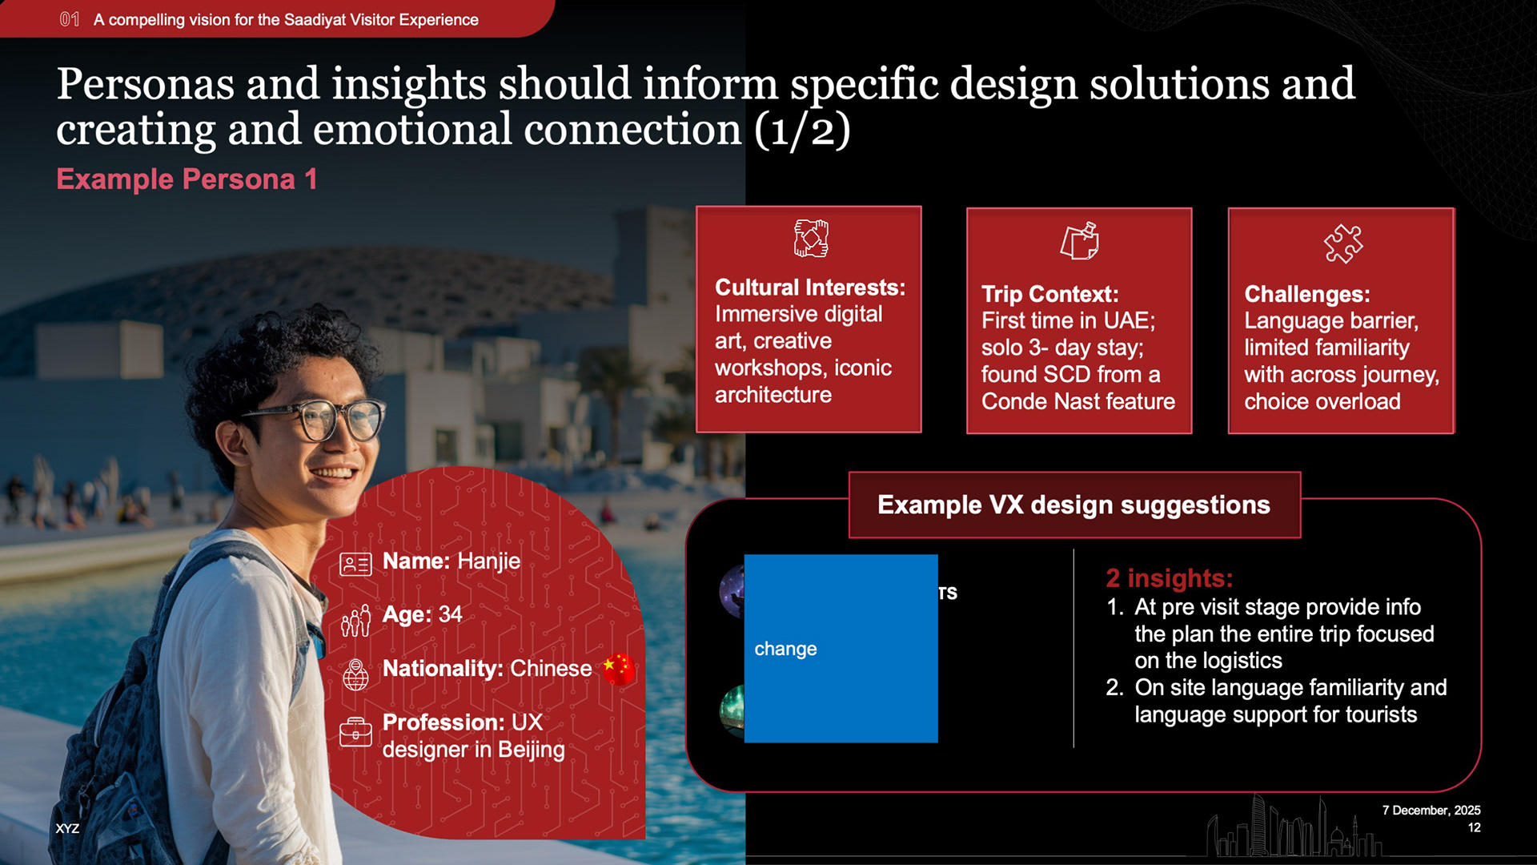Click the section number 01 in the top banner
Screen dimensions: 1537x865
pos(70,19)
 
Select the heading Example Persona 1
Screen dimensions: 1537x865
pos(187,179)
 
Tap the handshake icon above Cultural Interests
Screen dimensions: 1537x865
pos(810,238)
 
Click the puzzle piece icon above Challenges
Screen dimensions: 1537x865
pos(1342,243)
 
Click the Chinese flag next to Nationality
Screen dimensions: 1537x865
pos(619,669)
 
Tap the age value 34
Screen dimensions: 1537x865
pos(450,614)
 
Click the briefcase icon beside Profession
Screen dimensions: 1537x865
pos(355,731)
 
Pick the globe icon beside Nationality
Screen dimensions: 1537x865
pos(355,674)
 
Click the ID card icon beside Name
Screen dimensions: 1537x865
pos(355,565)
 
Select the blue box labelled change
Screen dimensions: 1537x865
pos(841,649)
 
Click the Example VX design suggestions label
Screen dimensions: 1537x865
pos(1074,505)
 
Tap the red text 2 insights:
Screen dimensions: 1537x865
pos(1170,578)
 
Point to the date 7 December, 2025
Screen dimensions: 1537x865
pos(1431,811)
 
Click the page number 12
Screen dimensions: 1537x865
pos(1474,828)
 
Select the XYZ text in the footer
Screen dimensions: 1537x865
pos(67,829)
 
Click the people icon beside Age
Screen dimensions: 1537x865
pos(355,621)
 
